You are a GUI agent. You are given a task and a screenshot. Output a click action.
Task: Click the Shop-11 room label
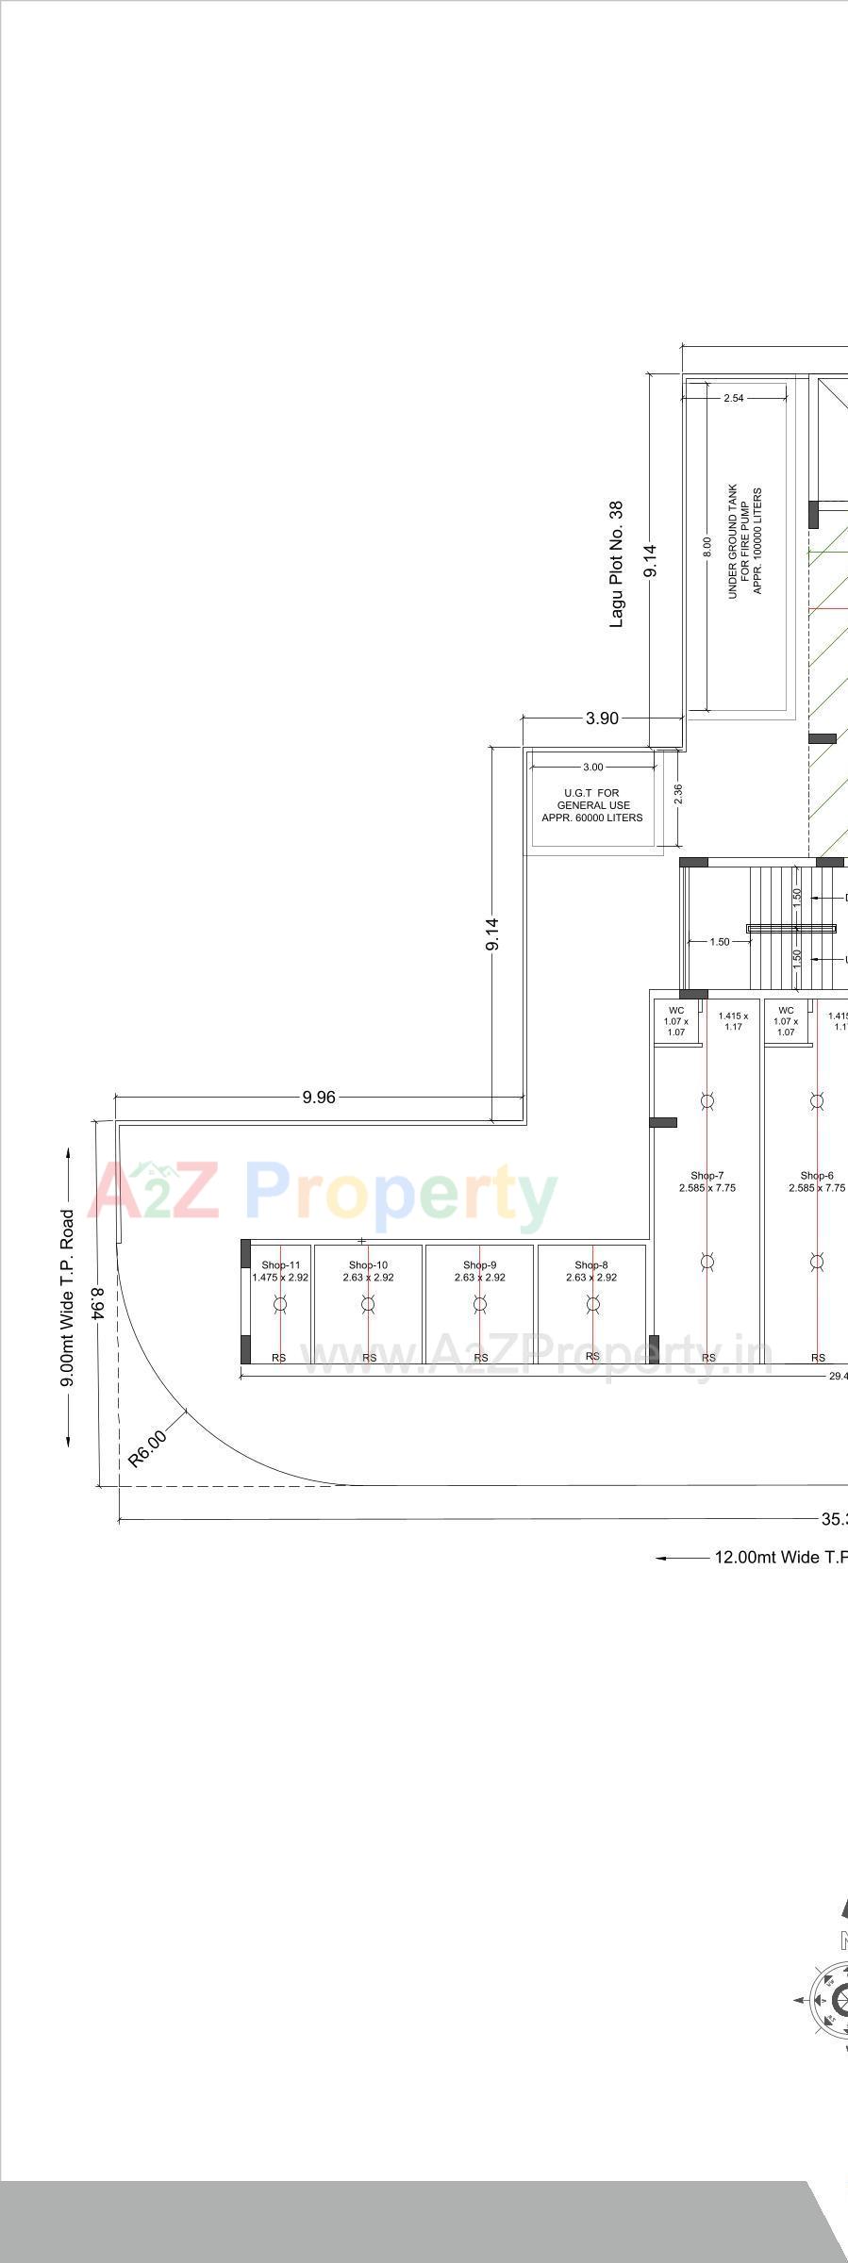(280, 1265)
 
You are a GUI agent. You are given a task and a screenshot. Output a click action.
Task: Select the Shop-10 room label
(368, 1265)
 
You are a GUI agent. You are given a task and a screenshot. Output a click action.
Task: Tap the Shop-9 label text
(480, 1265)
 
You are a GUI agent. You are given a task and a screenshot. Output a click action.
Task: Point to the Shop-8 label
(591, 1265)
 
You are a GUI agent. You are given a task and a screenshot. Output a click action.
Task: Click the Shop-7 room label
(707, 1176)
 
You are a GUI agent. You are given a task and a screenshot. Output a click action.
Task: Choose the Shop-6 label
(817, 1176)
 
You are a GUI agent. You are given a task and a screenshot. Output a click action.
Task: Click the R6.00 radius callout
(147, 1448)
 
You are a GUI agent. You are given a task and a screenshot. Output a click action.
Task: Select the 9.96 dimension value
(319, 1097)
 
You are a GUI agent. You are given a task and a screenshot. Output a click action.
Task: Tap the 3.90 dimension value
(602, 719)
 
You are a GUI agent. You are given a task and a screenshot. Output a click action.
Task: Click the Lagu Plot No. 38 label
(616, 565)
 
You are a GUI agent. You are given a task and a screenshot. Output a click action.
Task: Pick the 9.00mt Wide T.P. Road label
(67, 1297)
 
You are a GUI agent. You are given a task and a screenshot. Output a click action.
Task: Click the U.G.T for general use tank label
(592, 805)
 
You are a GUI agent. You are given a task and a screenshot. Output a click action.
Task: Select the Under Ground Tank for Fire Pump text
(744, 541)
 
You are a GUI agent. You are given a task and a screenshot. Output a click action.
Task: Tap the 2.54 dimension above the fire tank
(733, 398)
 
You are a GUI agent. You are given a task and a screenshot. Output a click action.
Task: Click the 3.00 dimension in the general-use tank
(592, 767)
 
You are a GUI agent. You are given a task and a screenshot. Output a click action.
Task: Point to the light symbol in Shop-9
(480, 1304)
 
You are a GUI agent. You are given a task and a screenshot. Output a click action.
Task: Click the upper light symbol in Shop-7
(707, 1100)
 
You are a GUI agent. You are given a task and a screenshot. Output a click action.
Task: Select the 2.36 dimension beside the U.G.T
(678, 795)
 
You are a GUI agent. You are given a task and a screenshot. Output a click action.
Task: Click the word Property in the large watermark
(401, 1195)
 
